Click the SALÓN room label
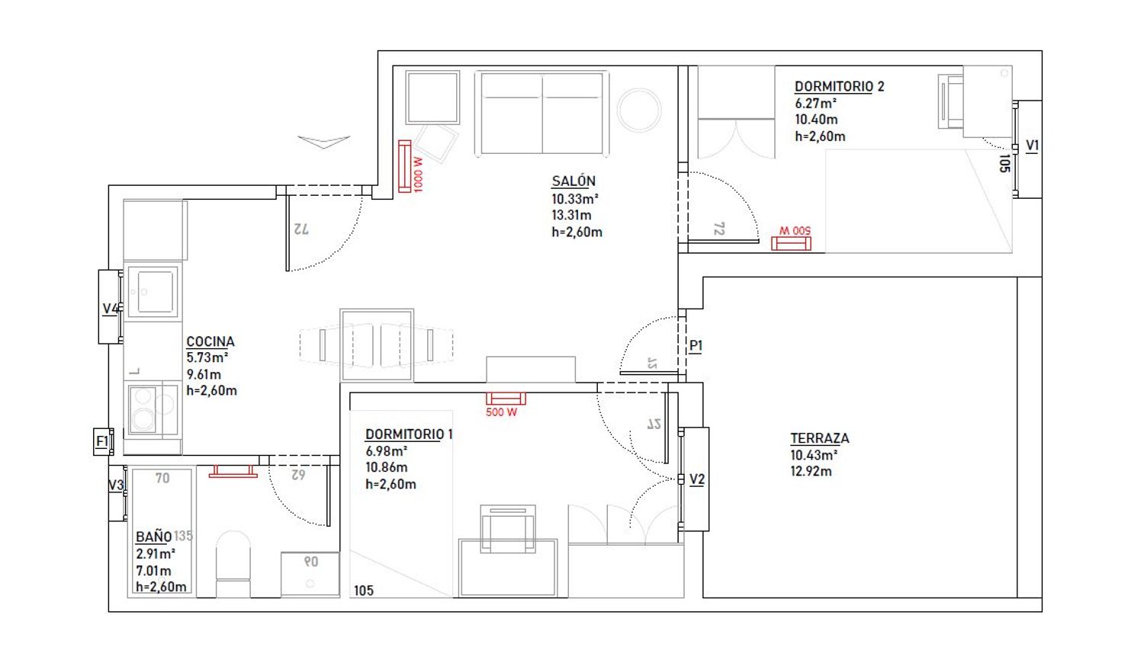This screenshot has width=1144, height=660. point(574,181)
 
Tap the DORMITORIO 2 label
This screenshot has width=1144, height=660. point(839,87)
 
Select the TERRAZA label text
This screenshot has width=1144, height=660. point(820,438)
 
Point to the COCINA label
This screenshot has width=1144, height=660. point(210,341)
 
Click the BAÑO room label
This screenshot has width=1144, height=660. point(153,537)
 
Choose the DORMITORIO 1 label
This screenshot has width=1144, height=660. point(409,434)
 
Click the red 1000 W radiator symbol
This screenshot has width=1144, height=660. point(404,166)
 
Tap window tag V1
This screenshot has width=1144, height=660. point(1032,146)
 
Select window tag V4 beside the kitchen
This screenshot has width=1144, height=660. point(111,309)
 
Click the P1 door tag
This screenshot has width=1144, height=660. point(696,346)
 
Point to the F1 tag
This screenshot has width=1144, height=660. point(102,441)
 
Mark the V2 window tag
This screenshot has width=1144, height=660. point(696,479)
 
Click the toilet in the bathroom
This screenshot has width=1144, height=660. point(233,564)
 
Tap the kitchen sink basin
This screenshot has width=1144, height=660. point(155,291)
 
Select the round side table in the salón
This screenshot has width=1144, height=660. point(639,111)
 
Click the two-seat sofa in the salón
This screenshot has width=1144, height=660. point(541,113)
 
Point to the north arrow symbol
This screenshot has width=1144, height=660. point(324,142)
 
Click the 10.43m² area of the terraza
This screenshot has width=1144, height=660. point(814,455)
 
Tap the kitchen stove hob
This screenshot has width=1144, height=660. point(153,408)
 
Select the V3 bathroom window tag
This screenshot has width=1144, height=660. point(116,485)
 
